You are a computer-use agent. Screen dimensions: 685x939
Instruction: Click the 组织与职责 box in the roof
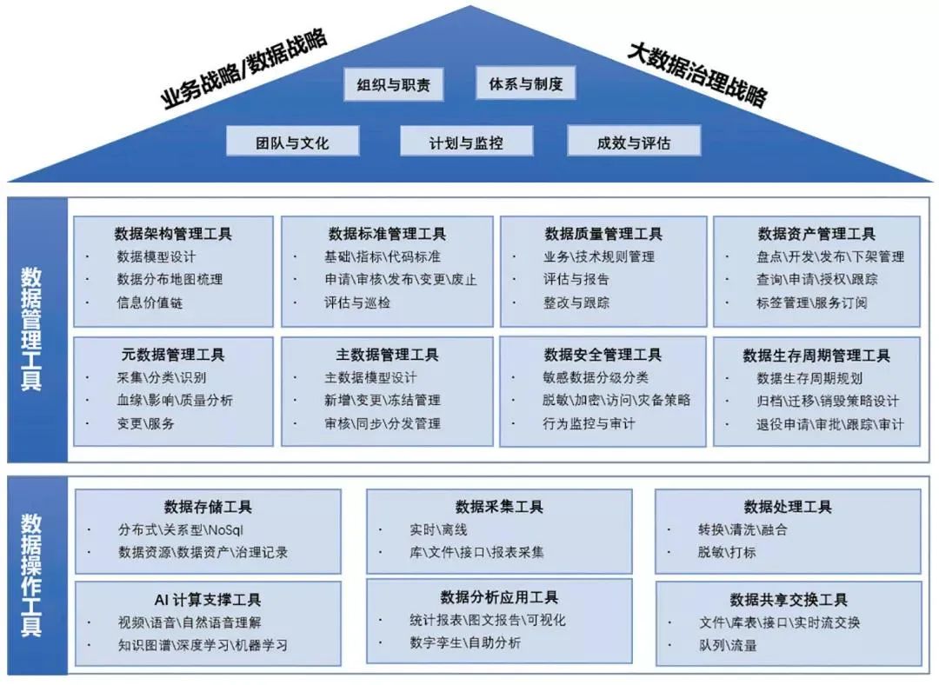[393, 85]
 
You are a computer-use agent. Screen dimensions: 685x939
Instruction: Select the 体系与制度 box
[526, 84]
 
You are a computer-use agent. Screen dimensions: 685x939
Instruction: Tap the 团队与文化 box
[292, 142]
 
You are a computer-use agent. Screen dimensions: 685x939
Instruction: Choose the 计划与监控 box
[466, 142]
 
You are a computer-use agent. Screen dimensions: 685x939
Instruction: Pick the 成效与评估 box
[633, 142]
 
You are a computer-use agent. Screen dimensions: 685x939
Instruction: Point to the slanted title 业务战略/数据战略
[244, 69]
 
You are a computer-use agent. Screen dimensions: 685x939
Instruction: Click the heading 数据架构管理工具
[173, 234]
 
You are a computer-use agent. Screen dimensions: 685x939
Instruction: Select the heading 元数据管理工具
[173, 355]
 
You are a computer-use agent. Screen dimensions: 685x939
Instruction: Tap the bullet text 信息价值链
[150, 303]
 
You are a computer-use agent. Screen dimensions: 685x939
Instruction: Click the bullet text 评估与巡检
[357, 303]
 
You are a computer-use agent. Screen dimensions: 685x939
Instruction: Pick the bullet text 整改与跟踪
[576, 303]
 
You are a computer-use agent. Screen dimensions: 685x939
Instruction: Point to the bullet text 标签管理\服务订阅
[811, 303]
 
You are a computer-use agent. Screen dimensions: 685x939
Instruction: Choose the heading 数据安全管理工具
[603, 355]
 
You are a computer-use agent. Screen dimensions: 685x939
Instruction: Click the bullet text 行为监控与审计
[588, 424]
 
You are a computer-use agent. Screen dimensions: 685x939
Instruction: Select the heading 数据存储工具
[208, 507]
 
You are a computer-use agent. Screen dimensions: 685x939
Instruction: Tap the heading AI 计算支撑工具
[208, 599]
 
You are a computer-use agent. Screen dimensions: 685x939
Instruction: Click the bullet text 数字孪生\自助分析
[465, 643]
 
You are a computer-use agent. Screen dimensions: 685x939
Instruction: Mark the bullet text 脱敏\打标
[726, 552]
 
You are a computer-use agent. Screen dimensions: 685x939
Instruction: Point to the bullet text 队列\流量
[727, 645]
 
